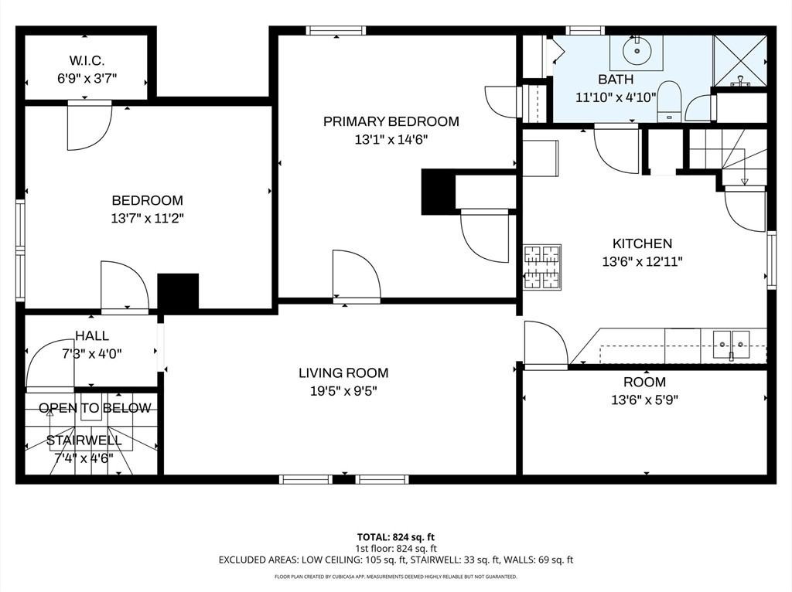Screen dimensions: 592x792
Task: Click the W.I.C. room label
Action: coord(87,60)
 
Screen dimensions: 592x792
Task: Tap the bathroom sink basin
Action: coord(636,53)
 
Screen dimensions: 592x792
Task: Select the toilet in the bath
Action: coord(668,104)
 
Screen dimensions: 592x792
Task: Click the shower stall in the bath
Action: coord(740,60)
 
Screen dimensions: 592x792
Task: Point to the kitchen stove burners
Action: coord(542,267)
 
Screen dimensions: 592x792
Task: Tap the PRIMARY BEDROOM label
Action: coord(391,121)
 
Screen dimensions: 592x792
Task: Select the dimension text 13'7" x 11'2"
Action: coord(147,219)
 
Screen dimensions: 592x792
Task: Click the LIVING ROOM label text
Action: coord(343,373)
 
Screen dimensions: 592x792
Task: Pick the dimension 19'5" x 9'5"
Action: coord(343,391)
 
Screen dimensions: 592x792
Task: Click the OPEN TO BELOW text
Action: coord(95,408)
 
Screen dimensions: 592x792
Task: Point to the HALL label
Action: coord(92,335)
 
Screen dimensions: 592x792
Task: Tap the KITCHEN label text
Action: coord(642,243)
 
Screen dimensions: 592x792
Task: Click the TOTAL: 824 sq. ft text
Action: coord(395,536)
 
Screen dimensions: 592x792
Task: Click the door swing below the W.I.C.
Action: coord(88,125)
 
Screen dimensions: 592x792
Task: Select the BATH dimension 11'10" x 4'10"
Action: coord(616,97)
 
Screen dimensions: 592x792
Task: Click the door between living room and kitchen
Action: coord(544,344)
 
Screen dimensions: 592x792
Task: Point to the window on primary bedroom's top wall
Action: coord(336,31)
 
